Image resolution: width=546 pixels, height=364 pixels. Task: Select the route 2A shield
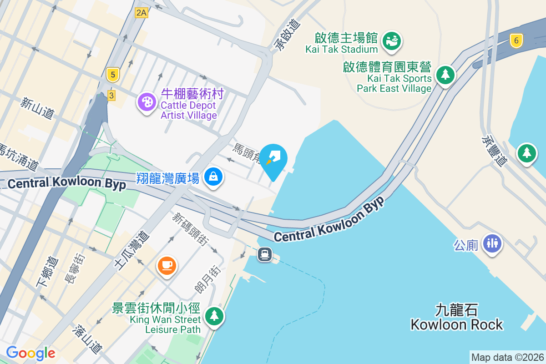pos(142,13)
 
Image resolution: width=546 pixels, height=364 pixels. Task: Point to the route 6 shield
pos(516,40)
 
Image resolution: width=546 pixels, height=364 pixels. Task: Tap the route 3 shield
pos(111,95)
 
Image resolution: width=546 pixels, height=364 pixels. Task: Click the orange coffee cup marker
pos(167,265)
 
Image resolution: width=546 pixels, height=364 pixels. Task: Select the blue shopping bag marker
pos(213,176)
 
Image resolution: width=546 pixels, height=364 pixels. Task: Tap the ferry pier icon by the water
pos(265,254)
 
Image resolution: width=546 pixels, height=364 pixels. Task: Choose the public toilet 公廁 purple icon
pos(492,243)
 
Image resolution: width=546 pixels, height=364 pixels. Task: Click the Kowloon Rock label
pos(456,318)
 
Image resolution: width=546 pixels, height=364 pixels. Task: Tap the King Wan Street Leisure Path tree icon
pos(214,315)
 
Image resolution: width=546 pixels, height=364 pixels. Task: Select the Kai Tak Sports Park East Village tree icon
pos(445,74)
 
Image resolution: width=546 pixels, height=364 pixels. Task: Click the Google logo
pos(30,353)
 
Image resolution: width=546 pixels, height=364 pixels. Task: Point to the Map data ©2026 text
pos(507,357)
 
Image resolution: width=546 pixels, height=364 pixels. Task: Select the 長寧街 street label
pos(75,269)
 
